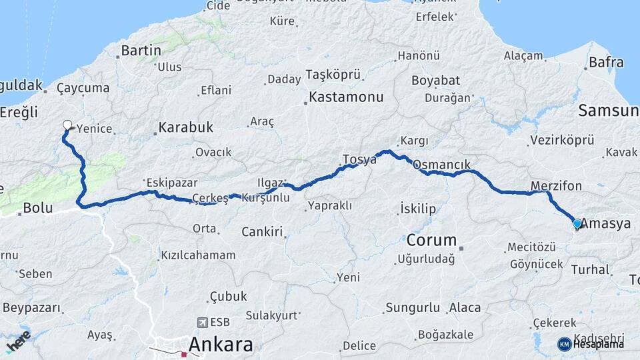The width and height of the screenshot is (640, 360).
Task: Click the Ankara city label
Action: tap(221, 345)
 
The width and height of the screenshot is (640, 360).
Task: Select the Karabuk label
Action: tap(186, 127)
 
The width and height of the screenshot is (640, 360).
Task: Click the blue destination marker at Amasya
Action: tap(577, 224)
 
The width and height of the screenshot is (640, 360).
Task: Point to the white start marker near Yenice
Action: tap(67, 124)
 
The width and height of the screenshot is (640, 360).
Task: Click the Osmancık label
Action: tap(442, 164)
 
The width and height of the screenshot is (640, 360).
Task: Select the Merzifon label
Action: tap(556, 185)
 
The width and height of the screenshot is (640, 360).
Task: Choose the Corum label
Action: tap(431, 240)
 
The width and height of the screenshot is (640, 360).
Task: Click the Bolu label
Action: tap(37, 208)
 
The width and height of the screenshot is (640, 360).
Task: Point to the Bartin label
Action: tap(141, 50)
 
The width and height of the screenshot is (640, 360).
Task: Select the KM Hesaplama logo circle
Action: tap(564, 344)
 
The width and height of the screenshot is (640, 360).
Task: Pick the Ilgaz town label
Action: tap(271, 182)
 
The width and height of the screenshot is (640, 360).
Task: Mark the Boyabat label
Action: tap(436, 81)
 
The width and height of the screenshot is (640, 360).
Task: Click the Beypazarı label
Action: tap(32, 308)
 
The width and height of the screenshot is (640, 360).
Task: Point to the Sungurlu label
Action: tap(413, 308)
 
